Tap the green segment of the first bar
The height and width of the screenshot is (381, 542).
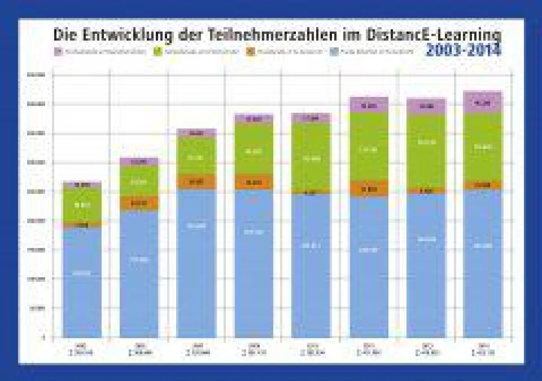(82, 205)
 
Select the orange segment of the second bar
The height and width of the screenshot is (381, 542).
(139, 203)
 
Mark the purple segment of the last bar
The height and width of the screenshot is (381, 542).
(483, 103)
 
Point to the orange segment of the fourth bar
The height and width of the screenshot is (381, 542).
(254, 182)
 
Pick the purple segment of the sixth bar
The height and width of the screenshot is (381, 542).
(369, 106)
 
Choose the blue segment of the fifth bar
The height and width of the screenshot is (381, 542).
(311, 266)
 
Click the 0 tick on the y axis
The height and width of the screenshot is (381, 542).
(44, 337)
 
